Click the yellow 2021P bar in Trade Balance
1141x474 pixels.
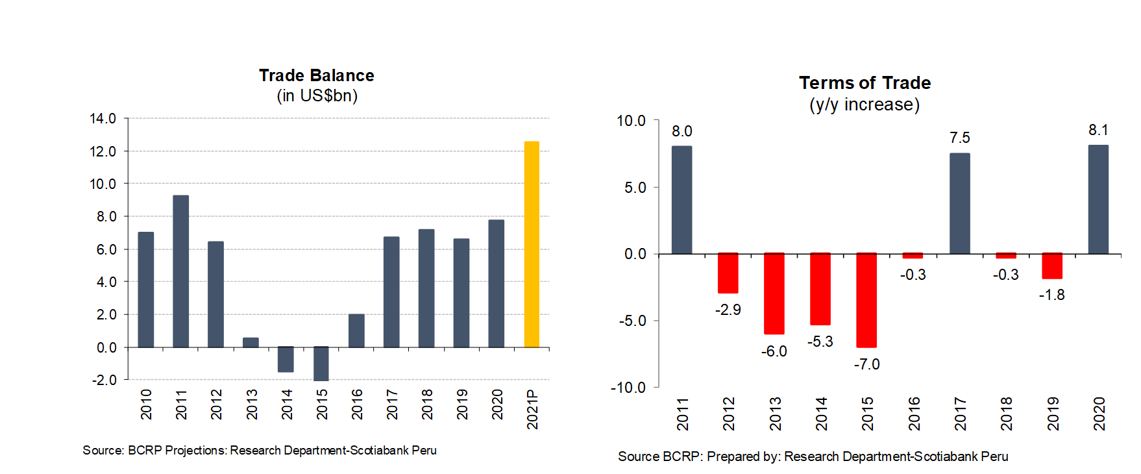(x=532, y=244)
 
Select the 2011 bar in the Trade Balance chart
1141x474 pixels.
(x=181, y=271)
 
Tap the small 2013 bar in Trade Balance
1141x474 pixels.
(x=251, y=342)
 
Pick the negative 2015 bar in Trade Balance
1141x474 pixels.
(x=321, y=364)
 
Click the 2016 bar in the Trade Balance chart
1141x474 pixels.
(x=356, y=331)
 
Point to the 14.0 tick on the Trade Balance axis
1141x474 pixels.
(x=103, y=118)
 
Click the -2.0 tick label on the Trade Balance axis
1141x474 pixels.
(x=104, y=380)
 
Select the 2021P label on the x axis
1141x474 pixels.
(x=532, y=409)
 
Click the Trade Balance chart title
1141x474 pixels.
(x=317, y=75)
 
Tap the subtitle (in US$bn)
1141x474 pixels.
(x=317, y=95)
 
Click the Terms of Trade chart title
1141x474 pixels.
(x=865, y=83)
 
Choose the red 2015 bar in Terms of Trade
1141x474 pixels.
(x=866, y=300)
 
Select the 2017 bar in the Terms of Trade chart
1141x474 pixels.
(x=959, y=203)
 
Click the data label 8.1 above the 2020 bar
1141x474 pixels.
(x=1098, y=130)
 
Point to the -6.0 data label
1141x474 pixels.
(x=774, y=351)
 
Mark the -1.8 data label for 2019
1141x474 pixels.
(x=1051, y=295)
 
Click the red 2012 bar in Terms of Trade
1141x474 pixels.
(x=728, y=273)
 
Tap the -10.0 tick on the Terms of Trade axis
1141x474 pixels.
(x=628, y=388)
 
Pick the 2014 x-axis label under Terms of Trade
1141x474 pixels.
(x=821, y=414)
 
